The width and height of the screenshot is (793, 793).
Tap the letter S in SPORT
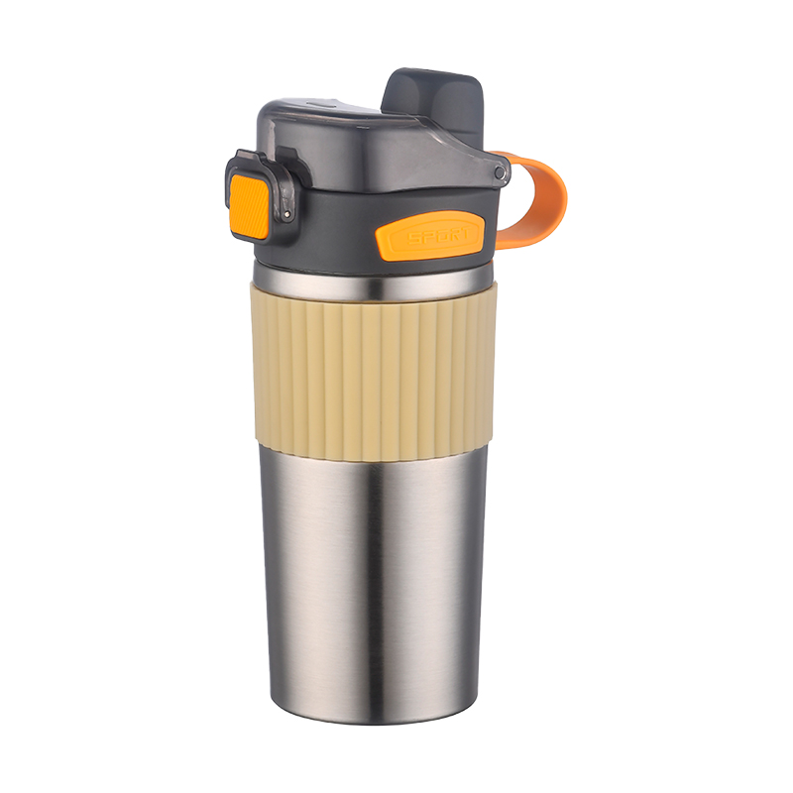pos(414,238)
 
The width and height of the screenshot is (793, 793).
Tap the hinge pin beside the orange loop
pos(500,173)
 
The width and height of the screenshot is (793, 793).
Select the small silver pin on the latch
pos(287,214)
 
